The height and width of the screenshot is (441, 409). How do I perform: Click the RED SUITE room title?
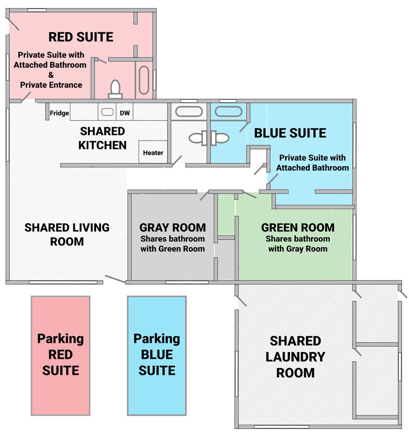coord(81,37)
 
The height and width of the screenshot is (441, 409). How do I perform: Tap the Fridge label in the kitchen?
coord(59,113)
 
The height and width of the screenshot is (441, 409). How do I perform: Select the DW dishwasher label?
coord(125,113)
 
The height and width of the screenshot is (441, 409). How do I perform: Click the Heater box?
coord(153,152)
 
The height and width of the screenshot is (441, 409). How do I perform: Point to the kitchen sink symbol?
coord(107,112)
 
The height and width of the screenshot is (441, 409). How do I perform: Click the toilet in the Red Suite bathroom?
coord(115,89)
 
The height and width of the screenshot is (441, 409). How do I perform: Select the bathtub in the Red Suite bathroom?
coord(144,80)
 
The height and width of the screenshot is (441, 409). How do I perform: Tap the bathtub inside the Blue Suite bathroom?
coord(228,112)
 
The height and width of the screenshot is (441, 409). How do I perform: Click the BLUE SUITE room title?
coord(290,133)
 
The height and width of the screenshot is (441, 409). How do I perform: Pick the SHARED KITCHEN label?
coord(103,138)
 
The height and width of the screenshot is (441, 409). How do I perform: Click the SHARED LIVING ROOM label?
coord(67,234)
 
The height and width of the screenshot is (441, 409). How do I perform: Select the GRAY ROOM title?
coord(173,228)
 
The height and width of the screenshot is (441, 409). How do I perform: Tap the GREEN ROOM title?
coord(298,228)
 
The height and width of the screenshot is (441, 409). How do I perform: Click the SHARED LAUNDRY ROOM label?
coord(296,357)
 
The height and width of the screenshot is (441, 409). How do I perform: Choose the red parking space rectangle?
coord(61,355)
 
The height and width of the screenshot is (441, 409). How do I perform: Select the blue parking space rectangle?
coord(157,355)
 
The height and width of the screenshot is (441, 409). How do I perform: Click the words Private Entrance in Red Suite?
coord(51,85)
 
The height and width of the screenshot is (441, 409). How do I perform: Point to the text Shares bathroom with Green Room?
coord(173,244)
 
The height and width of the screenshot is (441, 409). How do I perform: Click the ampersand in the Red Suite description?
coord(51,75)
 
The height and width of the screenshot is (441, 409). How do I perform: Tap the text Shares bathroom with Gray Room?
coord(298,244)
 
